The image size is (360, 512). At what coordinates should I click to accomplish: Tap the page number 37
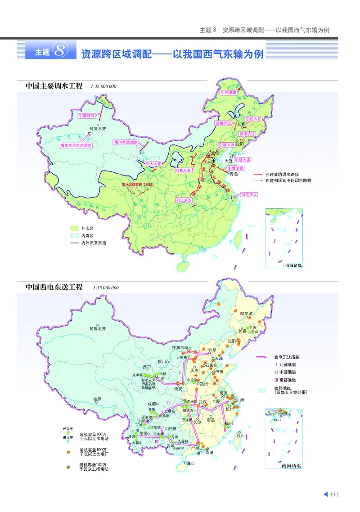pos(333,494)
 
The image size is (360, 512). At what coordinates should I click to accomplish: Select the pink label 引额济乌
pos(86,116)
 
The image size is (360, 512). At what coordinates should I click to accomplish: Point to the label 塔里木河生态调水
pos(76,146)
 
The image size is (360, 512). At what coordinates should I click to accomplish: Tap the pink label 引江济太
pos(249,195)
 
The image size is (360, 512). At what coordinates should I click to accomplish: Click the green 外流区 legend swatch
pos(74,228)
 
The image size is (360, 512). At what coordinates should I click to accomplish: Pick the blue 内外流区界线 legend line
pos(74,243)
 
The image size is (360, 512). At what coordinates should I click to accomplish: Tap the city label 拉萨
pos(97,398)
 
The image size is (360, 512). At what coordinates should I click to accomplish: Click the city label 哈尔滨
pos(247,313)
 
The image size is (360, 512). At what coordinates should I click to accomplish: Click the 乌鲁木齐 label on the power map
pos(98,329)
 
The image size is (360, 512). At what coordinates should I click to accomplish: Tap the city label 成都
pos(151,404)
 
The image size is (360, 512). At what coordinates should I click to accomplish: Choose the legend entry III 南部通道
pos(285,380)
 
